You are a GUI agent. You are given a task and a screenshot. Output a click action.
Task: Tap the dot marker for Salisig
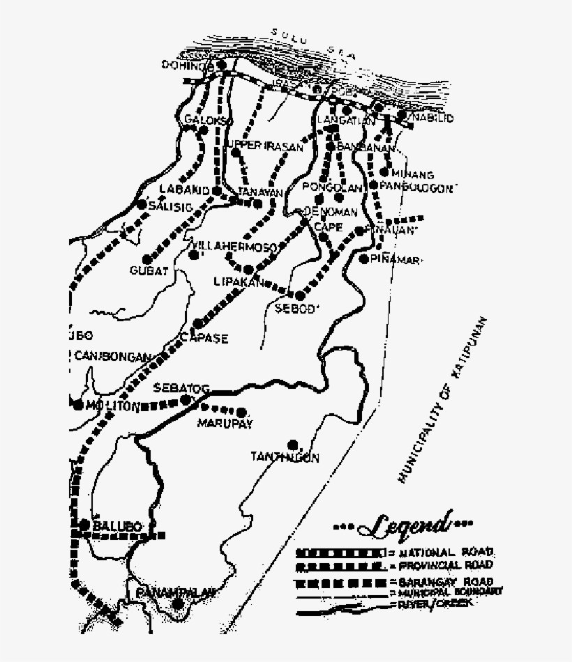coord(142,205)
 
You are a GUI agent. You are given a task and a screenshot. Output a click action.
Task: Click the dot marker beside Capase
coord(198,324)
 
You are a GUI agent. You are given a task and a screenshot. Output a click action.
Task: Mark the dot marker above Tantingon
coord(293,444)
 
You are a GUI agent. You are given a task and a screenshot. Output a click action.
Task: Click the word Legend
coord(402,523)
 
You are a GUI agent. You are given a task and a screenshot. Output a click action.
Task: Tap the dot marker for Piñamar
coord(363,259)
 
